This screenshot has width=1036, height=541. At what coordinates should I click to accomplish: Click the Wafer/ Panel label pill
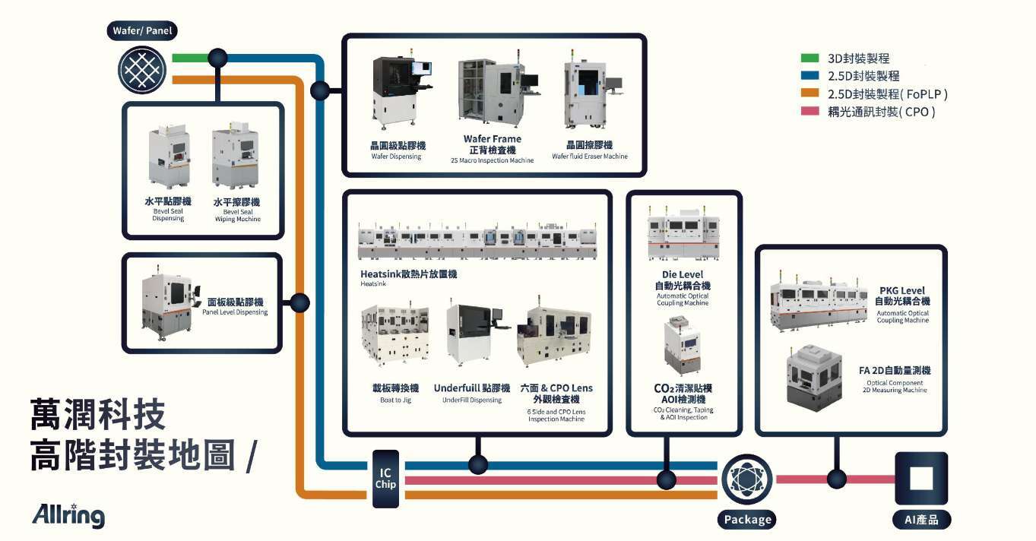tap(142, 31)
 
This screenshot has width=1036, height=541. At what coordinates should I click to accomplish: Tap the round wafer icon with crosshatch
tap(142, 70)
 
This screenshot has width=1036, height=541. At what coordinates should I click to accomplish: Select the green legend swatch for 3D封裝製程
tap(809, 59)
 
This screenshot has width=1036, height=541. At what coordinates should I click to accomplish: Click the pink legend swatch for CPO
tap(809, 112)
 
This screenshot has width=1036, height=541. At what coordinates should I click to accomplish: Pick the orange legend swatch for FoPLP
tap(809, 93)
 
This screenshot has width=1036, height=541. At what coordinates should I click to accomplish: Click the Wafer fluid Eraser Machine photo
tap(592, 90)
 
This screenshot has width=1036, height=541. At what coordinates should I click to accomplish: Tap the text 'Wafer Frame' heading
tap(492, 139)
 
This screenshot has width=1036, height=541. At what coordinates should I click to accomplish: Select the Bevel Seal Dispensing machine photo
tap(169, 157)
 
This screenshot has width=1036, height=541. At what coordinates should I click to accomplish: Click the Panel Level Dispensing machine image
tap(169, 303)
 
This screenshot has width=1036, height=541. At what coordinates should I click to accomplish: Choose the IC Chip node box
tap(385, 479)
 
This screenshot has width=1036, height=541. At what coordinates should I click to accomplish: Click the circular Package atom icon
tap(747, 479)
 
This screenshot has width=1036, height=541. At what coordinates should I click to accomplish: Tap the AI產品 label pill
tap(921, 520)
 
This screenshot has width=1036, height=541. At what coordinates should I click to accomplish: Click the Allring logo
tap(68, 515)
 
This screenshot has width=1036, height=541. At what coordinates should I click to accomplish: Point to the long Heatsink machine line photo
tap(477, 240)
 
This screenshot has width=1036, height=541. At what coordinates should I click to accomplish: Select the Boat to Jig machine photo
tap(395, 334)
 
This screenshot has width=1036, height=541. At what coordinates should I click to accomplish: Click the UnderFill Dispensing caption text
tap(472, 400)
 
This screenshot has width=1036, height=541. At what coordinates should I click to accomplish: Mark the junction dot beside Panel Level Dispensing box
tap(299, 303)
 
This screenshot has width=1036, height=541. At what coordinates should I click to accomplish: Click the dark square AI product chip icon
tap(921, 479)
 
